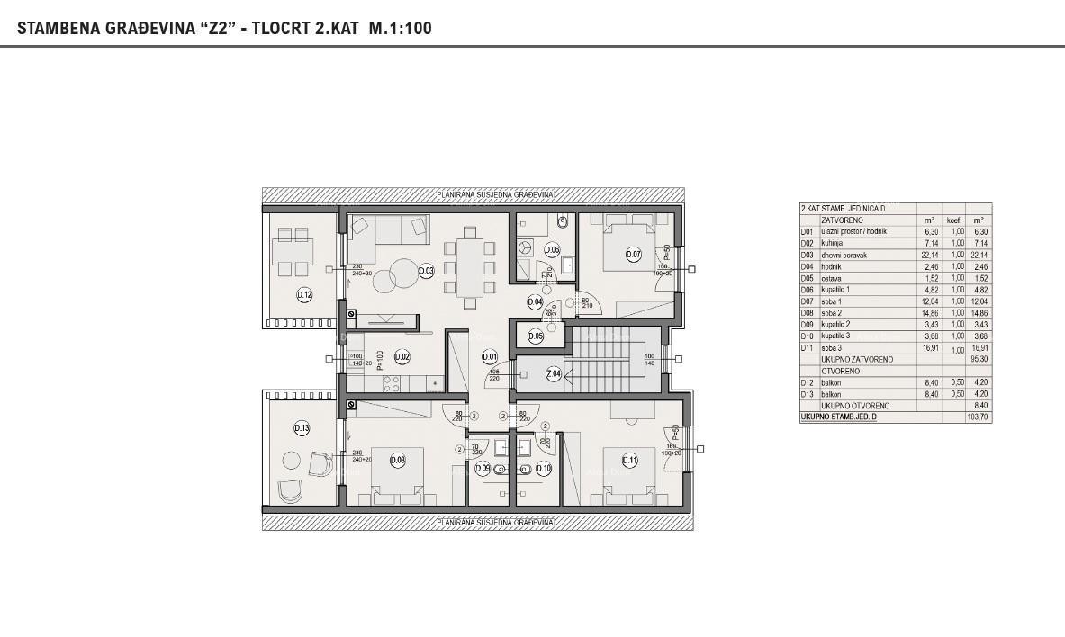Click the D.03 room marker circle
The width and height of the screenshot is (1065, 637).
pyautogui.click(x=427, y=271)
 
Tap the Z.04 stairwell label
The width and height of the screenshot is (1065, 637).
pyautogui.click(x=554, y=374)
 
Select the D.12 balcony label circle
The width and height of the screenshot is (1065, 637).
pyautogui.click(x=304, y=294)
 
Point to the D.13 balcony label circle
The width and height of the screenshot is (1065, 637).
pyautogui.click(x=302, y=428)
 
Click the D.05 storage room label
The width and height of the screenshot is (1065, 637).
pyautogui.click(x=535, y=336)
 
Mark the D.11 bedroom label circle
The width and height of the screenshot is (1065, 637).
pyautogui.click(x=628, y=461)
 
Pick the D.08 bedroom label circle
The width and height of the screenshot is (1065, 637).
pyautogui.click(x=397, y=461)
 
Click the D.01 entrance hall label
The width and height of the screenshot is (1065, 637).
pyautogui.click(x=489, y=356)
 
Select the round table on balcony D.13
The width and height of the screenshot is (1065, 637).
pyautogui.click(x=291, y=461)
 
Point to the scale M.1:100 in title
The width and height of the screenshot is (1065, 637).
pyautogui.click(x=400, y=28)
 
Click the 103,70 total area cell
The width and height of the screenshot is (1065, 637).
pyautogui.click(x=978, y=417)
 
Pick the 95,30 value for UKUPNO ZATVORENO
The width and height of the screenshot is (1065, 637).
pyautogui.click(x=978, y=359)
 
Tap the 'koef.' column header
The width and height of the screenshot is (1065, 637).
pyautogui.click(x=953, y=220)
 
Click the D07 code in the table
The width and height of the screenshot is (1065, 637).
pyautogui.click(x=808, y=301)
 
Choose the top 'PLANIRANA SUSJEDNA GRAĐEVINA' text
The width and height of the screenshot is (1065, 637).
pyautogui.click(x=494, y=194)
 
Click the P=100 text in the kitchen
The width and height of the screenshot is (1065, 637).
pyautogui.click(x=380, y=360)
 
